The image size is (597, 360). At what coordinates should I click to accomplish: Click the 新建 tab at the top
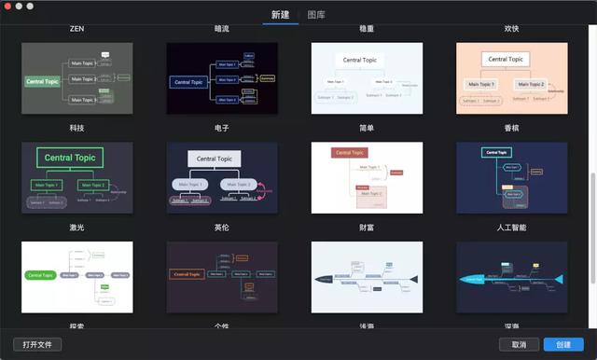pos(280,15)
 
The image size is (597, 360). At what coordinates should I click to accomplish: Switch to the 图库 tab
pos(315,15)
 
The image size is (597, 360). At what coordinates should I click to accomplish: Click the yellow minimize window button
pos(19,7)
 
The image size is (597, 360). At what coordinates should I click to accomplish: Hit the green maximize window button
pos(30,7)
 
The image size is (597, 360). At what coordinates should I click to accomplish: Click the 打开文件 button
pos(37,344)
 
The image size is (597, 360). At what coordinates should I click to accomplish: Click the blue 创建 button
pos(563,344)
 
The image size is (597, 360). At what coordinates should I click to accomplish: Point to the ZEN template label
pos(76,29)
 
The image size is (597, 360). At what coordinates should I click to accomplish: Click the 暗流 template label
pos(222,29)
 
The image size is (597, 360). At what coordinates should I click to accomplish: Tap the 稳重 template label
pos(367,29)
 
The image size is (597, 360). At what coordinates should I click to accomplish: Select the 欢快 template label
pos(512,29)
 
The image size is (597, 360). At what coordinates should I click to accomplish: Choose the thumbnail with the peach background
pos(512,78)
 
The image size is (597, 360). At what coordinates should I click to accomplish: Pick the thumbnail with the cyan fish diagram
pos(512,278)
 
